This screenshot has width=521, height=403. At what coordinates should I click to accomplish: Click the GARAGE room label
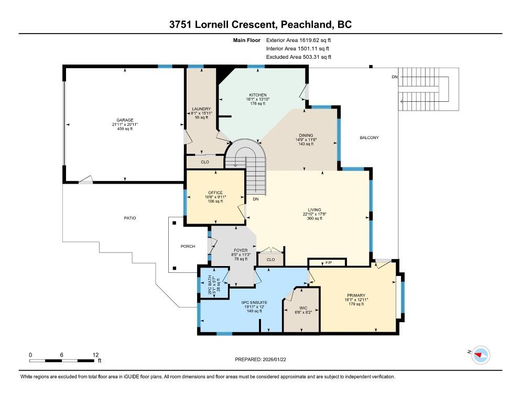[125, 120]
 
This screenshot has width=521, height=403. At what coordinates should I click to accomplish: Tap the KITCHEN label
[258, 95]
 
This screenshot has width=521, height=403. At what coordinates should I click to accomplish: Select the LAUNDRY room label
[201, 109]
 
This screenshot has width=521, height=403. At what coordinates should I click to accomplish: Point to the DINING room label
[306, 135]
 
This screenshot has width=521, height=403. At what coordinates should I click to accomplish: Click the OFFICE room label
[215, 193]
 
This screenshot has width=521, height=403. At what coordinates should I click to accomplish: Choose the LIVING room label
[314, 210]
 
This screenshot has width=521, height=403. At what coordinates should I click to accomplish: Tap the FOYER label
[241, 250]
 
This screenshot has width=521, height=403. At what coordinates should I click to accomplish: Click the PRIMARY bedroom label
[356, 295]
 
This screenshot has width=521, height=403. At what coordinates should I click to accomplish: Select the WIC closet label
[303, 308]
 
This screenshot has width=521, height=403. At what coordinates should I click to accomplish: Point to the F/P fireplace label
[329, 263]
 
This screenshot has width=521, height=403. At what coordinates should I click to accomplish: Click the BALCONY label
[369, 137]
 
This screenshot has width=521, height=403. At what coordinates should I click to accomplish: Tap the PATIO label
[130, 218]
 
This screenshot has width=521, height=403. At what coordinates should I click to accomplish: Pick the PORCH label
[188, 246]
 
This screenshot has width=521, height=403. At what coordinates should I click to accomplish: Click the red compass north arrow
[478, 355]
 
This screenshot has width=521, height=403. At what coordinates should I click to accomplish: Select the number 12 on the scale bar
[96, 355]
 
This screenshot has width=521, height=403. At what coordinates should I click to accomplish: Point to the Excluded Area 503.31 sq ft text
[299, 57]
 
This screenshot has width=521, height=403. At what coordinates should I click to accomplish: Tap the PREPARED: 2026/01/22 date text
[260, 359]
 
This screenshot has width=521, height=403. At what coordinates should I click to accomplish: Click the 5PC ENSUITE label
[254, 302]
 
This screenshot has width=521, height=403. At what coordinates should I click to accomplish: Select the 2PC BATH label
[210, 285]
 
